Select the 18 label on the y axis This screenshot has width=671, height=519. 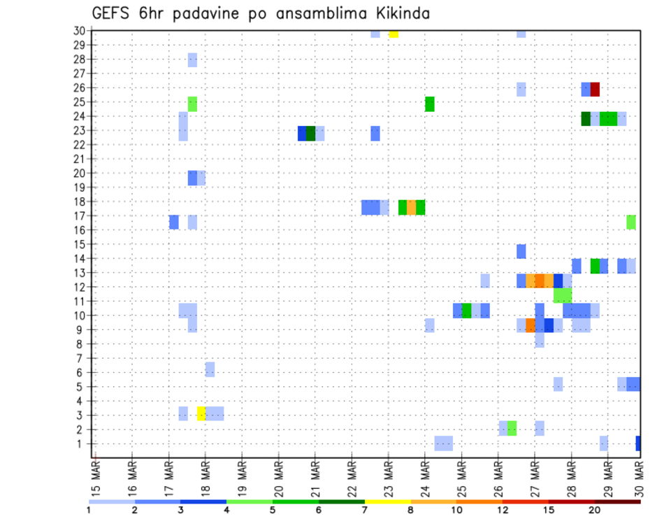79,201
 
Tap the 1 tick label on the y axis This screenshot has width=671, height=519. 81,443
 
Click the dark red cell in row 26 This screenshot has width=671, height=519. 595,90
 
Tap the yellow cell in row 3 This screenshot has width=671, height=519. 201,413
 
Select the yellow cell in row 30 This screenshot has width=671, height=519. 394,34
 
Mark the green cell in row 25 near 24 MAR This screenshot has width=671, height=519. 430,104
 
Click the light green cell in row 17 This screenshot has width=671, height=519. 631,222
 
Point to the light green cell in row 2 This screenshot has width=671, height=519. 512,428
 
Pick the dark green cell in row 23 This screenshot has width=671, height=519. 310,133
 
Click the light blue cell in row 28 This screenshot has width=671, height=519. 192,60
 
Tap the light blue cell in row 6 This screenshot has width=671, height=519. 210,369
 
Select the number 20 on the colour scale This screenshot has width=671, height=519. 595,510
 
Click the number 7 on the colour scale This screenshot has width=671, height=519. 365,510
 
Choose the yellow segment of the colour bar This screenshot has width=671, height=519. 388,502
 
